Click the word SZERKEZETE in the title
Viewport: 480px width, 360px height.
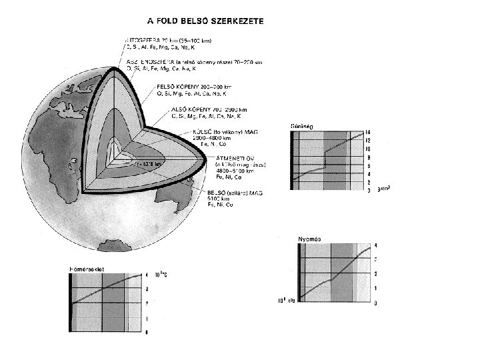click(x=231, y=21)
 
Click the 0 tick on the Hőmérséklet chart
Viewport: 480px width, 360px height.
click(x=147, y=331)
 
